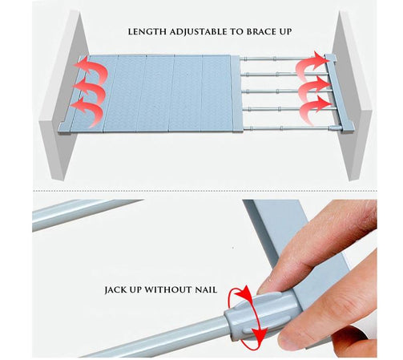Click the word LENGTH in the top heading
tap(147, 32)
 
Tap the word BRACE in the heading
tap(260, 32)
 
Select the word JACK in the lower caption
tap(115, 290)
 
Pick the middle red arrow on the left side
tap(91, 90)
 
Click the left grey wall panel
tap(63, 96)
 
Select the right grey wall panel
tap(352, 96)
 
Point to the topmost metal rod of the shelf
tap(282, 59)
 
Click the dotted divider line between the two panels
tap(204, 191)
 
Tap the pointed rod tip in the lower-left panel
tap(143, 200)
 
